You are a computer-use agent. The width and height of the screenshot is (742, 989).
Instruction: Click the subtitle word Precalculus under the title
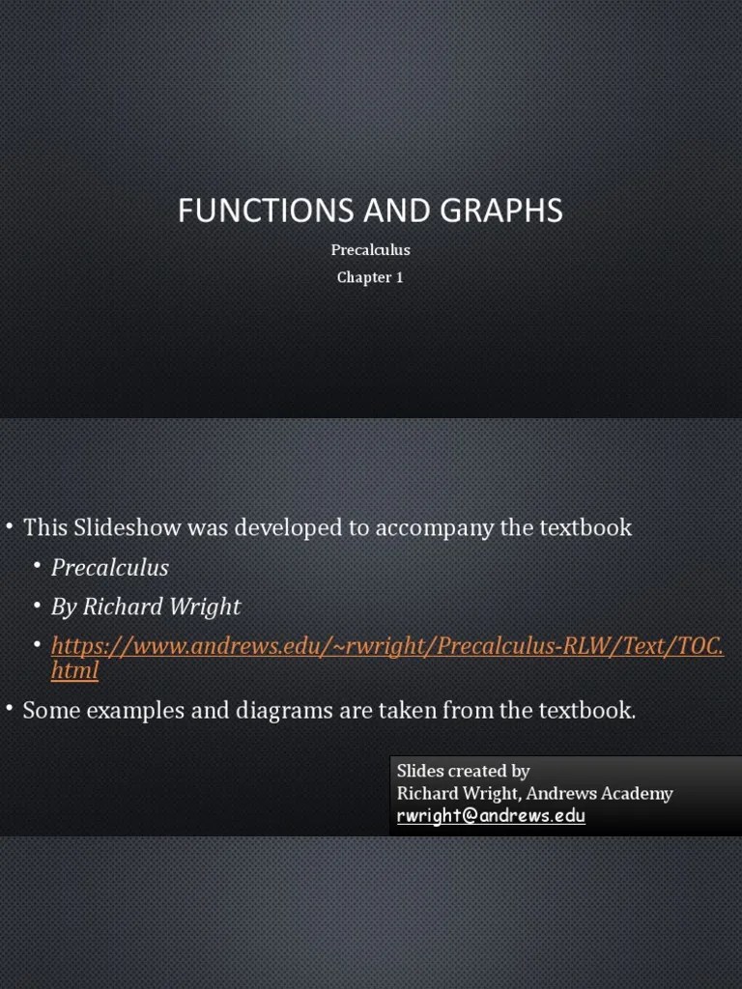pyautogui.click(x=371, y=250)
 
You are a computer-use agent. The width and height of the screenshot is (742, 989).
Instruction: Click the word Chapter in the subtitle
pyautogui.click(x=362, y=278)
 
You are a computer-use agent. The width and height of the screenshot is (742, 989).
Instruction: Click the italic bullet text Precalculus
pyautogui.click(x=110, y=568)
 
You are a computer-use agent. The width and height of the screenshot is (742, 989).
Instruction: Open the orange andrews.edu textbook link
pyautogui.click(x=386, y=645)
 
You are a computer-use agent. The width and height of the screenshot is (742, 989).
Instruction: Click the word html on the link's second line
pyautogui.click(x=74, y=670)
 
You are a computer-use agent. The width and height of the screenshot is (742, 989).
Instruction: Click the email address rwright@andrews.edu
pyautogui.click(x=491, y=816)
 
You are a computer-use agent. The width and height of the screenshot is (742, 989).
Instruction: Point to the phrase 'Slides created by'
pyautogui.click(x=463, y=771)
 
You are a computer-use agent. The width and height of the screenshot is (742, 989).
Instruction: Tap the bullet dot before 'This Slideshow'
pyautogui.click(x=9, y=526)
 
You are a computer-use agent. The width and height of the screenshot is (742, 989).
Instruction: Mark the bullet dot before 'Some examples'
pyautogui.click(x=9, y=710)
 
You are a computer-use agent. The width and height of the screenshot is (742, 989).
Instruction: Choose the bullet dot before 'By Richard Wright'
pyautogui.click(x=37, y=606)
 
